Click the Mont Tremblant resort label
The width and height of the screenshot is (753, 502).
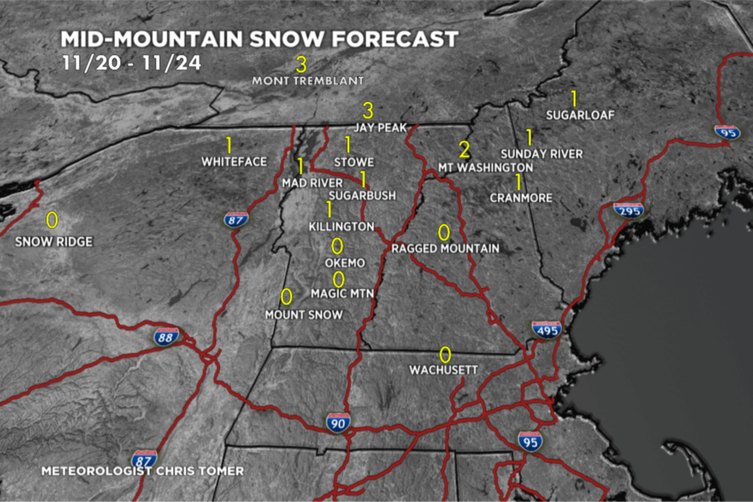point(308,80)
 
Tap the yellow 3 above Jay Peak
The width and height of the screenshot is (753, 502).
point(368,110)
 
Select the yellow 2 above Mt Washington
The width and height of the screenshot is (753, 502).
point(464,150)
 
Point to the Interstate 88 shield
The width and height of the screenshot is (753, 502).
point(165,337)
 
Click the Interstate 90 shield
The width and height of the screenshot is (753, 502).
point(338,422)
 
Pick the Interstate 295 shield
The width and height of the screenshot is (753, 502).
point(629,210)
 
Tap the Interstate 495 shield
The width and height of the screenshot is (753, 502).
point(546,329)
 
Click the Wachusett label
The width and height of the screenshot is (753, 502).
point(444,370)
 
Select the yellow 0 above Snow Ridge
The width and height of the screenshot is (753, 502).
point(51,220)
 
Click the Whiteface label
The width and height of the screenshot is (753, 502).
point(234,162)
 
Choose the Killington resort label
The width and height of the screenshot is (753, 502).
point(341,226)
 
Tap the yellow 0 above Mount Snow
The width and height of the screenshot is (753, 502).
point(286,296)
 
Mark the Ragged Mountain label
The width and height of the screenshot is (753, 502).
point(445,248)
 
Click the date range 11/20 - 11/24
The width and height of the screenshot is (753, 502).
point(131,62)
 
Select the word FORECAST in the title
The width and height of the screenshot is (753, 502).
point(385,39)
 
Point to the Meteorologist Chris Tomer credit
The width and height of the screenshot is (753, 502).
point(142,470)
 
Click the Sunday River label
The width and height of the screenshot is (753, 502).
point(541,154)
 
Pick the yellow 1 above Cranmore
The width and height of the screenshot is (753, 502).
point(518,181)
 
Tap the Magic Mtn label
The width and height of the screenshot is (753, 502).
point(343,294)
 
